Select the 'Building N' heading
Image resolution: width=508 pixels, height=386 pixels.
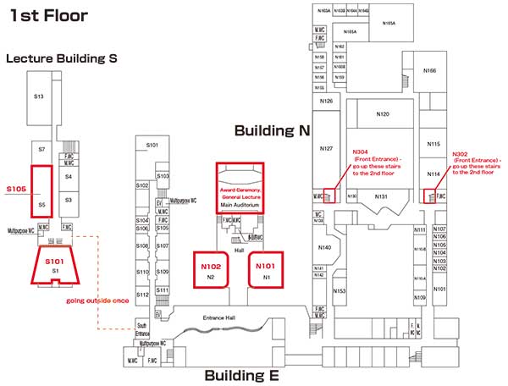[273, 130]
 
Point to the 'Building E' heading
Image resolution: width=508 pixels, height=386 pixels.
[241, 375]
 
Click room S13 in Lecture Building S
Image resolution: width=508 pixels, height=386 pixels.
[39, 96]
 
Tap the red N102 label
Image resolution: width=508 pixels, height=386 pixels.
[211, 266]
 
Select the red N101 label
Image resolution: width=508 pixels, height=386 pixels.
[266, 266]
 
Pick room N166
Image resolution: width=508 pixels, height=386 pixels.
[429, 71]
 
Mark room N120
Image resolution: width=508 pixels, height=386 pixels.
[382, 113]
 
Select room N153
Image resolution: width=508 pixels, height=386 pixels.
[339, 290]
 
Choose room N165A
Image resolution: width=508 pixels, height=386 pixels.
[350, 31]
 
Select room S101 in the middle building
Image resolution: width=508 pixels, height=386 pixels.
[152, 146]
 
